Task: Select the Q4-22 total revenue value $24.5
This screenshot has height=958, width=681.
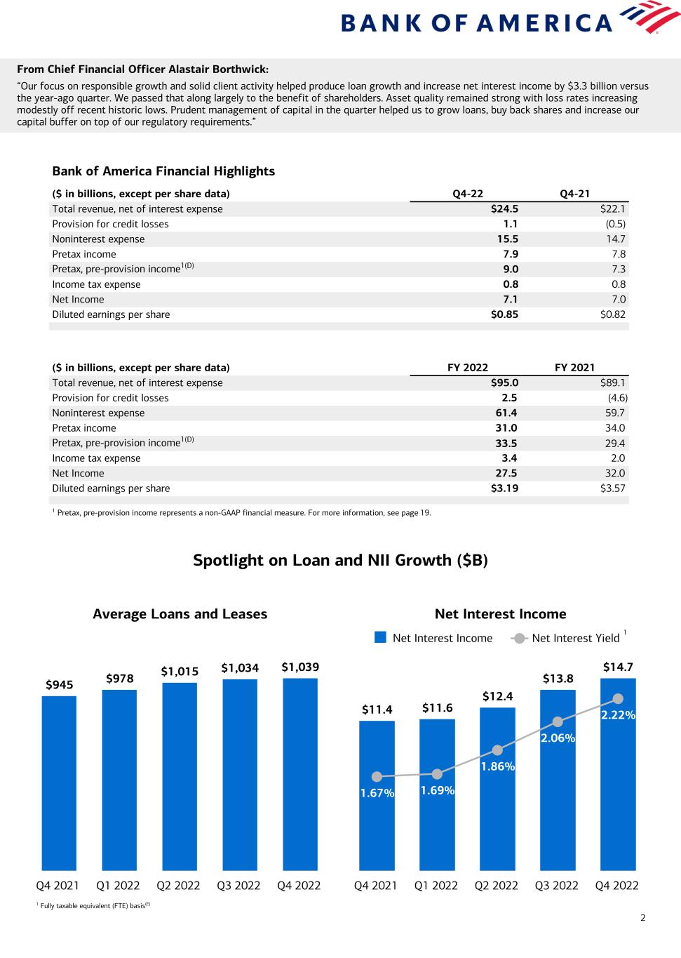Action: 504,208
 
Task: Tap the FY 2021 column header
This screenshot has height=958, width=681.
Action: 574,367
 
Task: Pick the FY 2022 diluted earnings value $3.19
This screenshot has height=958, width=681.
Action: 504,488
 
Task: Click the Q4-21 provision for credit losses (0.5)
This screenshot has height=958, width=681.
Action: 615,224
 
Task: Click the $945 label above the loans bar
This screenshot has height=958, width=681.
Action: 60,684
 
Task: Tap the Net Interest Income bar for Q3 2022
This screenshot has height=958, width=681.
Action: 558,807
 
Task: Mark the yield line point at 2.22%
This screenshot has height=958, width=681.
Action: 618,698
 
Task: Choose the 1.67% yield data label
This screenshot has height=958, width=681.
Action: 377,793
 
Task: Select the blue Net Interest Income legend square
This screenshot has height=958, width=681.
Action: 381,637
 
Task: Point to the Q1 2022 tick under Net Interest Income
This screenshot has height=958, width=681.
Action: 436,885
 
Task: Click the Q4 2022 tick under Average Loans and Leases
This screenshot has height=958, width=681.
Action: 299,885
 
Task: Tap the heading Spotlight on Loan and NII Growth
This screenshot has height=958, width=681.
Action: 340,560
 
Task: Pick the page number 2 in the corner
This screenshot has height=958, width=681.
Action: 642,917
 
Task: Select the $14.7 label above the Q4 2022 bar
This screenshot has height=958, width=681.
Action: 618,667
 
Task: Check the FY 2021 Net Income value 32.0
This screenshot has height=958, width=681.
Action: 615,473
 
